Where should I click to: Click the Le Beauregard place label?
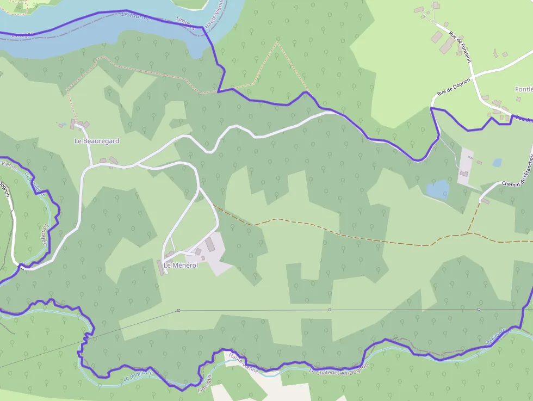pos(96,141)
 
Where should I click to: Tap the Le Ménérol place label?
pos(181,266)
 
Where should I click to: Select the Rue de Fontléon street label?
pos(460,46)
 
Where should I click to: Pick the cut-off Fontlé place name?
pos(523,89)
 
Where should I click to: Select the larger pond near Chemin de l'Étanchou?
pos(438,189)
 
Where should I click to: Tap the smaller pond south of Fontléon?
pos(497,162)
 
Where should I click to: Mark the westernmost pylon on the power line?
pos(178,310)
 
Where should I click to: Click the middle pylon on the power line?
pos(330,310)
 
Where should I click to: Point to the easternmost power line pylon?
pos(479,309)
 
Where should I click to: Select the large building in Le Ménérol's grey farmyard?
pos(210,244)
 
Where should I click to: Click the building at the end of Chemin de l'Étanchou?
pos(485,201)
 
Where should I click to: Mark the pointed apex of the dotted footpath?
pos(277,42)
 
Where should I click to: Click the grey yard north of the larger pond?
pos(466,166)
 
